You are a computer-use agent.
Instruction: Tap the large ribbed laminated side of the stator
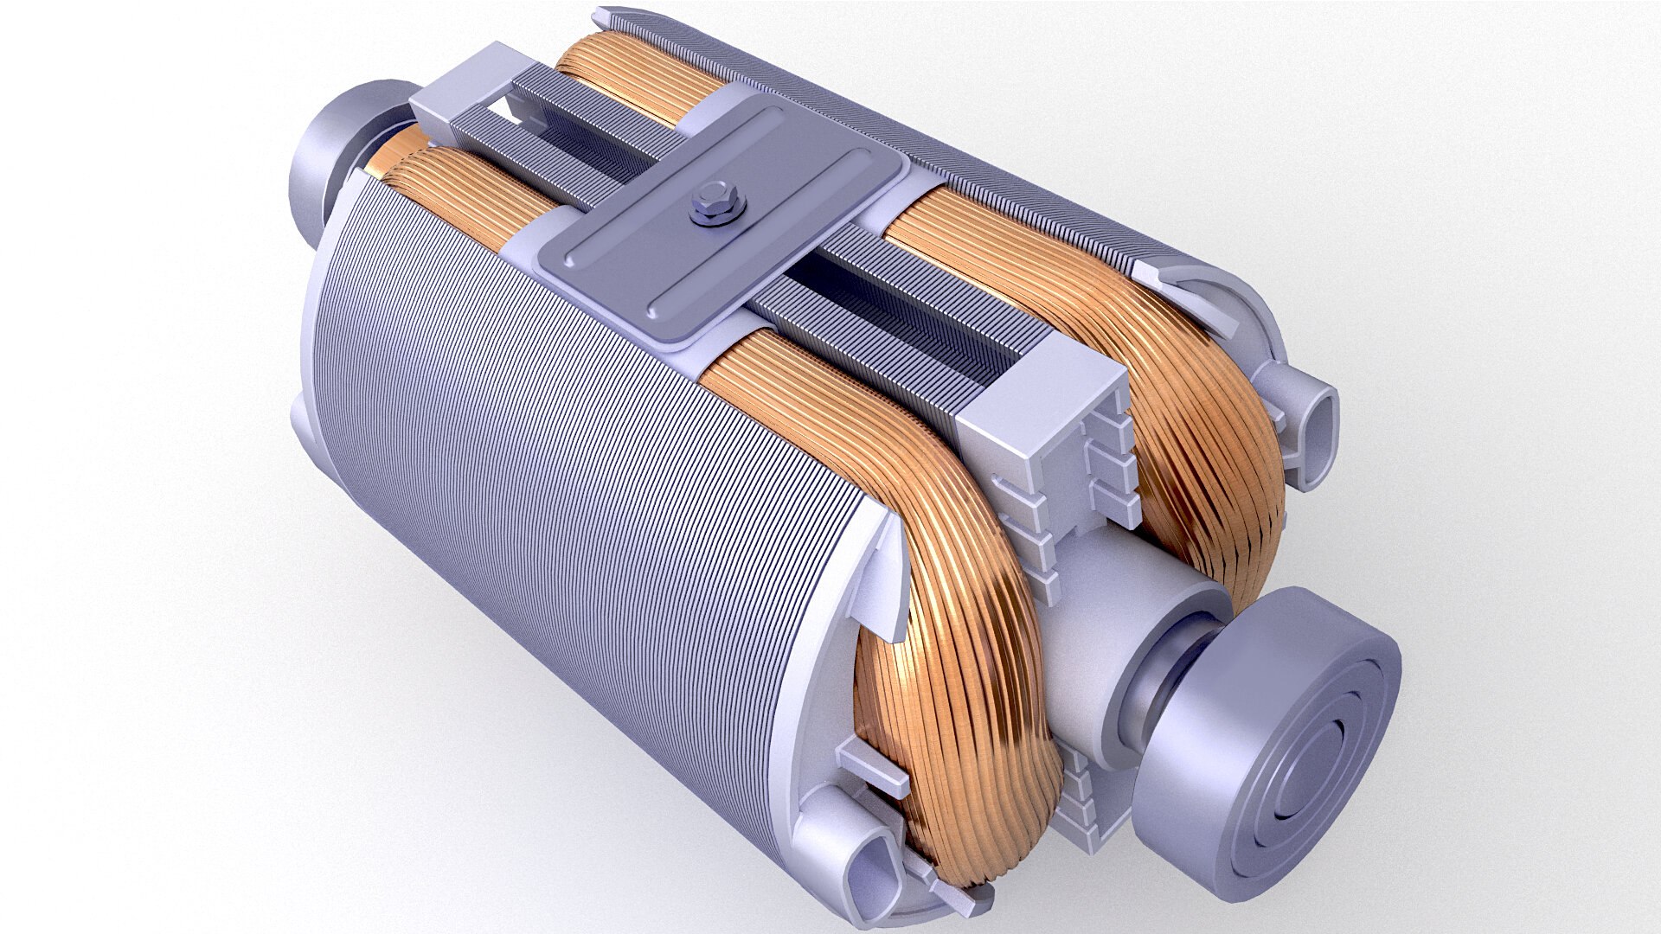tap(554, 484)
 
